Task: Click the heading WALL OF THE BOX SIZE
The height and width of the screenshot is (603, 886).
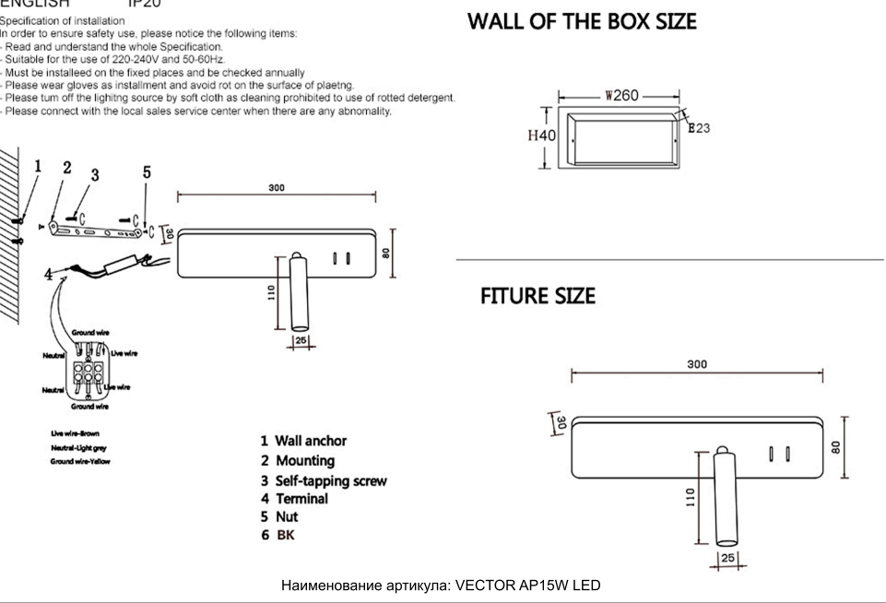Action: point(582,22)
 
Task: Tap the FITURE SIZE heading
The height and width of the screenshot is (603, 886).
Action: point(538,297)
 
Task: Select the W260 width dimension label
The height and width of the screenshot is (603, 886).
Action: point(622,96)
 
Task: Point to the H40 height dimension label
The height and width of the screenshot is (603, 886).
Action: point(541,136)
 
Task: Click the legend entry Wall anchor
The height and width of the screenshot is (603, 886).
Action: point(303,442)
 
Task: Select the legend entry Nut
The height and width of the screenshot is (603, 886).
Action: point(281,517)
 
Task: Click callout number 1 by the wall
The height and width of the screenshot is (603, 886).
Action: point(38,167)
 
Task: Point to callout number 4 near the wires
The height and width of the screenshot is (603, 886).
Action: point(48,274)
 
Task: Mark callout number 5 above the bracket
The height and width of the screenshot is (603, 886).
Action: point(147,172)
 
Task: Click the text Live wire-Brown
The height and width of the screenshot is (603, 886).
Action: point(77,433)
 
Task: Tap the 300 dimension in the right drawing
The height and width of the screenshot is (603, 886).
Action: point(697,364)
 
